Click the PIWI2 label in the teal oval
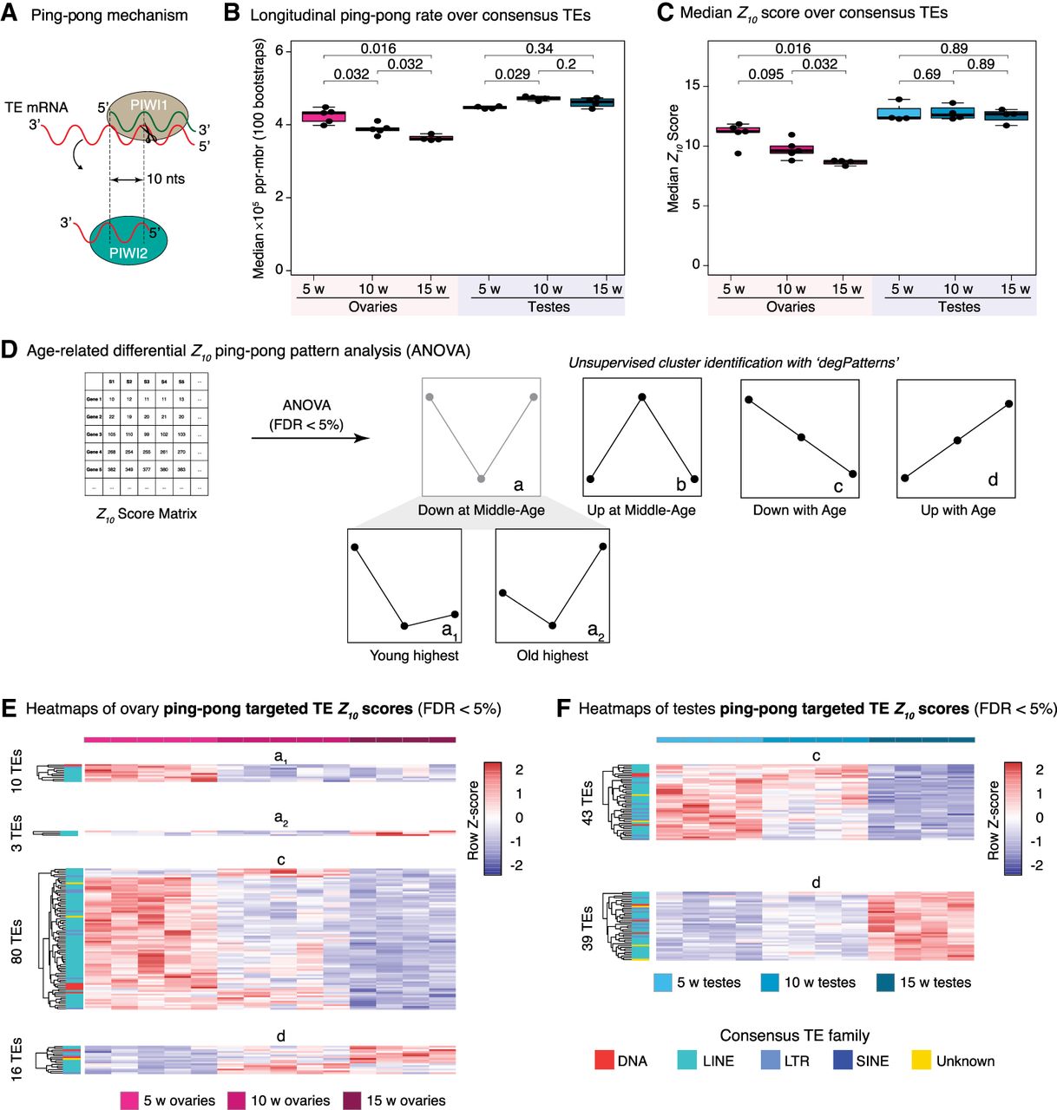129,254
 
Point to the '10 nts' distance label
165,180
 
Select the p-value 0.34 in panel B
539,49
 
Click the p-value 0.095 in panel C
766,75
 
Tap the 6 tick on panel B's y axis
279,51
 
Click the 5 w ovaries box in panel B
324,116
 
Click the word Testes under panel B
548,307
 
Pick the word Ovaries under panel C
791,307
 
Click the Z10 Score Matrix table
147,434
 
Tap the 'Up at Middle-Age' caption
641,511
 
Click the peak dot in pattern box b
642,397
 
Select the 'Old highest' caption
552,656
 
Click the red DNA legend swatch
605,1061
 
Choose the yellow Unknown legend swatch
922,1061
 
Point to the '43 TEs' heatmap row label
588,803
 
